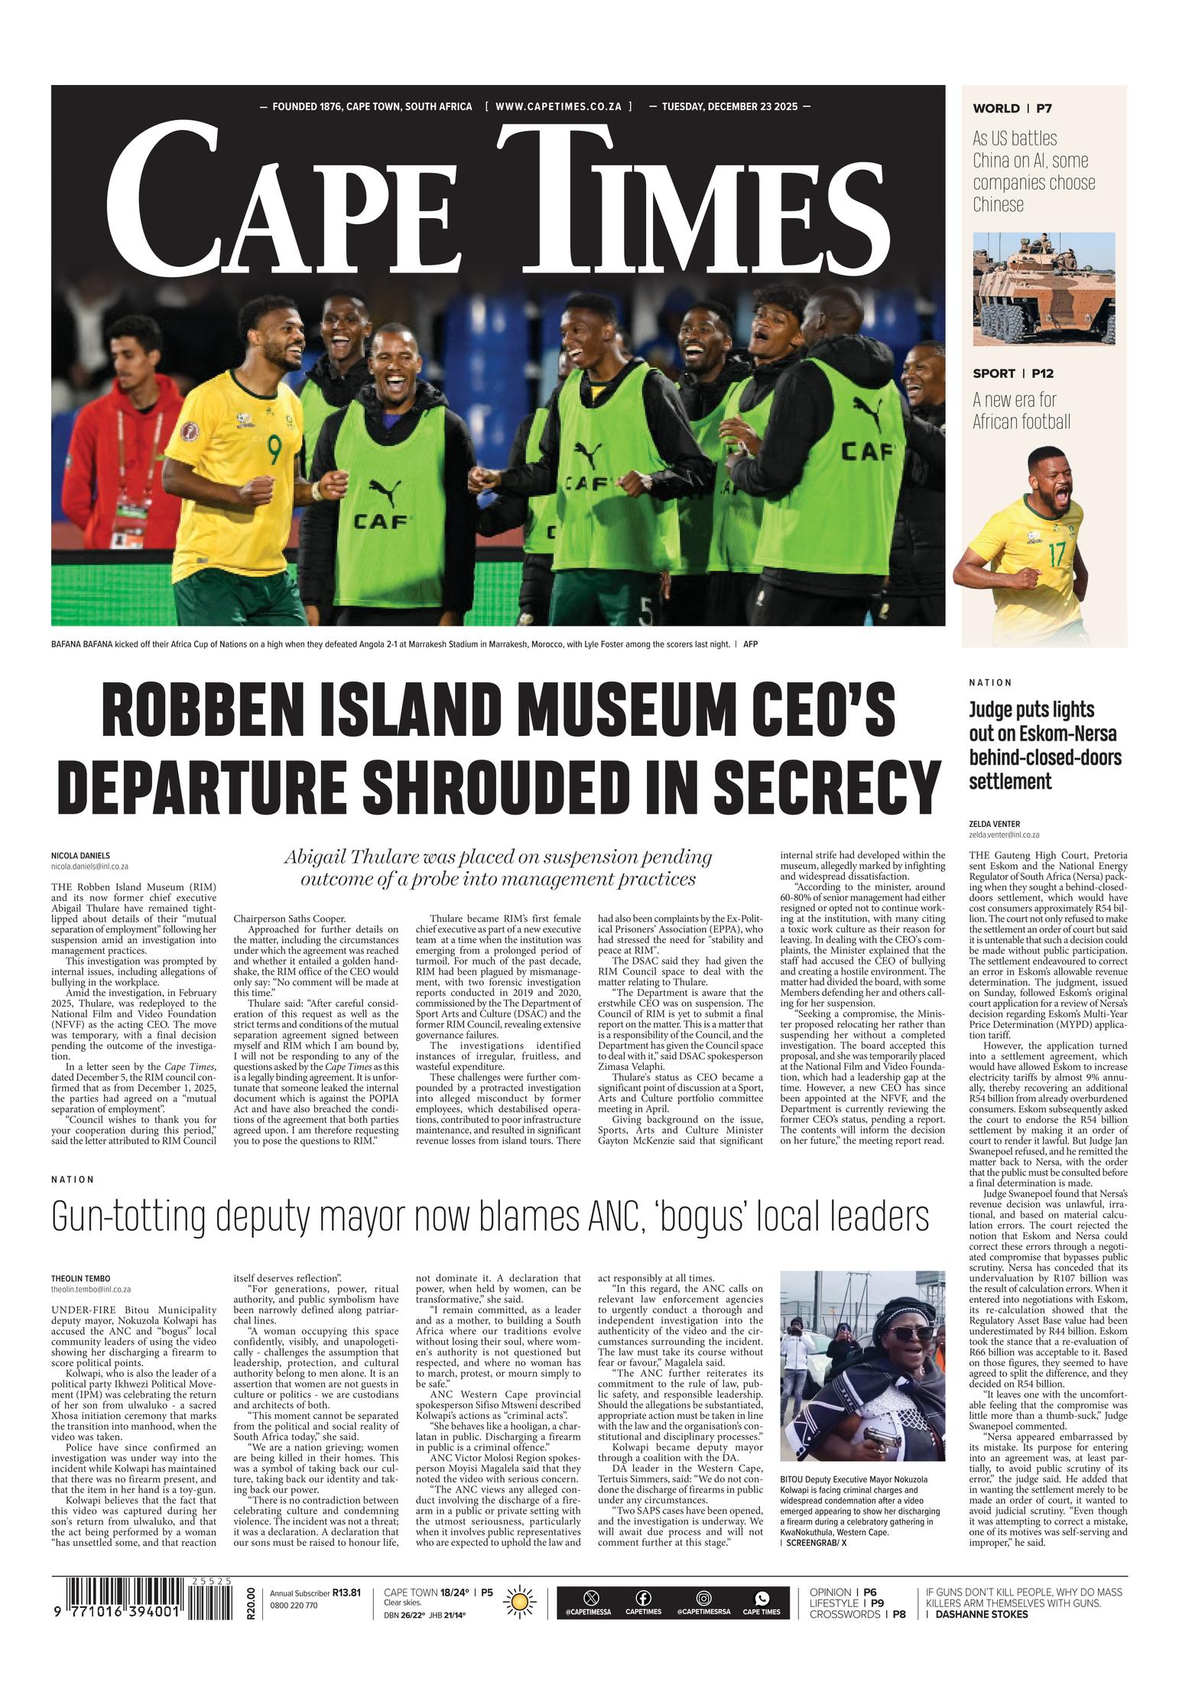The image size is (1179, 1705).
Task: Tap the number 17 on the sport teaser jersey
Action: [1057, 554]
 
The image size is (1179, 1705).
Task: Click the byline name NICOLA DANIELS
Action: [80, 856]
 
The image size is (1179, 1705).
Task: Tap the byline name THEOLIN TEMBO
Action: [80, 1278]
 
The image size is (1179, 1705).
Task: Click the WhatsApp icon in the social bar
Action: [762, 1597]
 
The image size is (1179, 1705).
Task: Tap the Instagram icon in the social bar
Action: [703, 1597]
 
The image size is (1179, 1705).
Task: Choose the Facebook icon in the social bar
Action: [643, 1597]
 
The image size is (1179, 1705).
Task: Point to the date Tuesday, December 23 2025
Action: [729, 106]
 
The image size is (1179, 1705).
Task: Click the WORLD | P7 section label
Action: [1012, 109]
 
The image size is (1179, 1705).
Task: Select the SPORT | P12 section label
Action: [1012, 373]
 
